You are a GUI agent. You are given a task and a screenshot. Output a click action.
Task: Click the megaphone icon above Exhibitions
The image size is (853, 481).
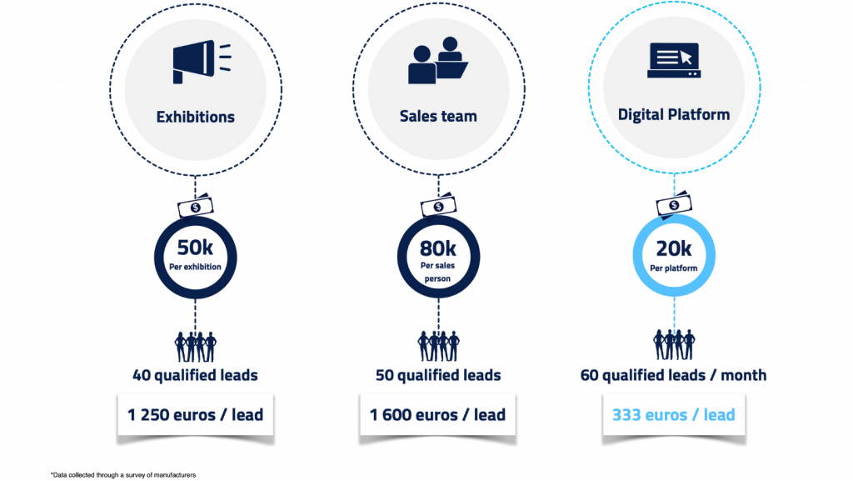(x=195, y=61)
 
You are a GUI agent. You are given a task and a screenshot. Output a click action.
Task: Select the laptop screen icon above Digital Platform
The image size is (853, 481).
(x=673, y=61)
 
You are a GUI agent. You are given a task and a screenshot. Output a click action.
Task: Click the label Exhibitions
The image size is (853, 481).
(x=195, y=117)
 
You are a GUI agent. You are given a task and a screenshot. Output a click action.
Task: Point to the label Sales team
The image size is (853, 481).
(x=437, y=117)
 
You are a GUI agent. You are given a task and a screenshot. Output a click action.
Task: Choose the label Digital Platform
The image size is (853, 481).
(x=673, y=115)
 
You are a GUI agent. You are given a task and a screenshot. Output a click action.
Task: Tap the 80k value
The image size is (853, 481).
(x=437, y=248)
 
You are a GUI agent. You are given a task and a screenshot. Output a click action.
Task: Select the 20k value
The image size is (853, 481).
(x=673, y=248)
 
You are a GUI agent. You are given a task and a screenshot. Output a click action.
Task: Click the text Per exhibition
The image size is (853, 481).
(x=195, y=268)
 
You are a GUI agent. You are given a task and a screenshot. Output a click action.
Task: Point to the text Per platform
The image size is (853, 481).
(x=673, y=268)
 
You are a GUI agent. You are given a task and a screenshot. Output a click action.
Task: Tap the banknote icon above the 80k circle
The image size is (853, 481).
(x=437, y=205)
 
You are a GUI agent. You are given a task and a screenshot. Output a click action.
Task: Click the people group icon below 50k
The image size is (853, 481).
(x=195, y=345)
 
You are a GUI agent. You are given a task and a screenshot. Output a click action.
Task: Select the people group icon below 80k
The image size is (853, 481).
(x=437, y=345)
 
